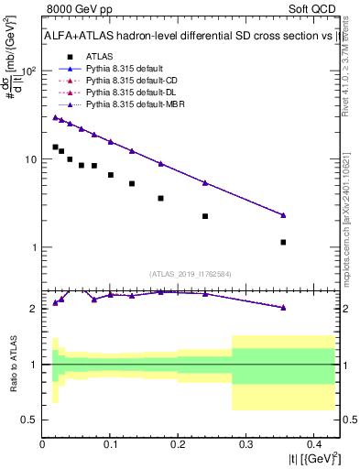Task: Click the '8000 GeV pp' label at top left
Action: click(x=76, y=10)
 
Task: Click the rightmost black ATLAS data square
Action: click(x=283, y=243)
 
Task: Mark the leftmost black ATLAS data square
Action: click(x=55, y=147)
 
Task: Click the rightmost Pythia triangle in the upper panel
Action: click(x=283, y=215)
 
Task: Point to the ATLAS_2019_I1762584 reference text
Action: click(x=190, y=273)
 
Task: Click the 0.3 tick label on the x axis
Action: click(x=245, y=443)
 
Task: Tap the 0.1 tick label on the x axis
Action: click(x=110, y=443)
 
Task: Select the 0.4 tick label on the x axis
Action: click(x=312, y=443)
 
